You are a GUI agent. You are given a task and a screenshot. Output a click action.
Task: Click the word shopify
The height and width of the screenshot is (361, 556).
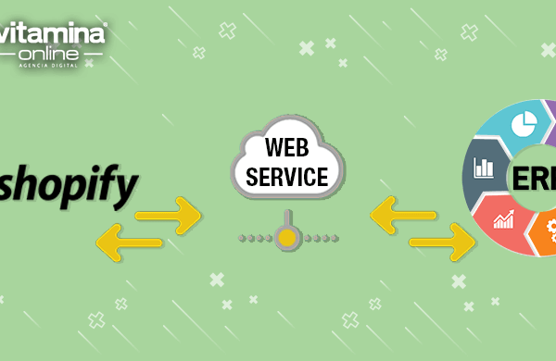69,185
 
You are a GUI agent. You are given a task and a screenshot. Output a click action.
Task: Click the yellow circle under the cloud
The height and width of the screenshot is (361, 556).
289,238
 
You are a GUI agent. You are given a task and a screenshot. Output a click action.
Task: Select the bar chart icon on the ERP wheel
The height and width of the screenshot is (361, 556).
483,168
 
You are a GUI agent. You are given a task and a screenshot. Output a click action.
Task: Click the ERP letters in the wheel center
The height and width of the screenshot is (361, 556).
537,177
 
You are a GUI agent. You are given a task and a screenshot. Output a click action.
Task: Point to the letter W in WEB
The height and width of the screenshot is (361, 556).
270,148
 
